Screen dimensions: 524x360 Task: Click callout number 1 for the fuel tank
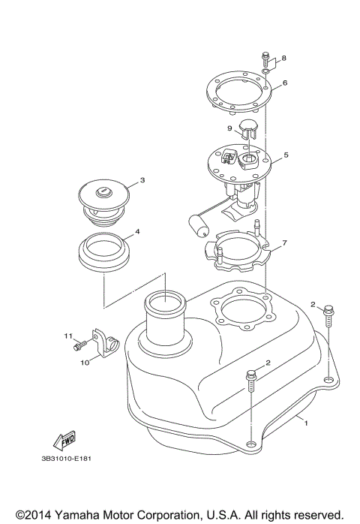[x=306, y=423]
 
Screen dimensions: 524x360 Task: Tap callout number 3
[x=142, y=180]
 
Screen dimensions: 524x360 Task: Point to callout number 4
[x=136, y=232]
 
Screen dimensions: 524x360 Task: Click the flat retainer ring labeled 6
[x=238, y=96]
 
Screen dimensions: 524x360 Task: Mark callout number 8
[x=284, y=58]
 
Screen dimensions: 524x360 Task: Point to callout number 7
[x=285, y=244]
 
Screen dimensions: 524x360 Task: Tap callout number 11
[x=66, y=335]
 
